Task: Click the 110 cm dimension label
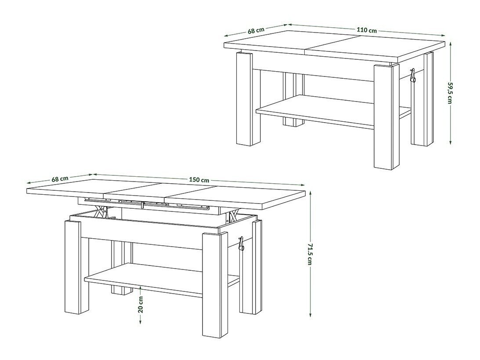click(367, 30)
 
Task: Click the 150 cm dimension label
click(199, 180)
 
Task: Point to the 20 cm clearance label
click(141, 304)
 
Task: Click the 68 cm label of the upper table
click(256, 31)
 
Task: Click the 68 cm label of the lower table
click(60, 179)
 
